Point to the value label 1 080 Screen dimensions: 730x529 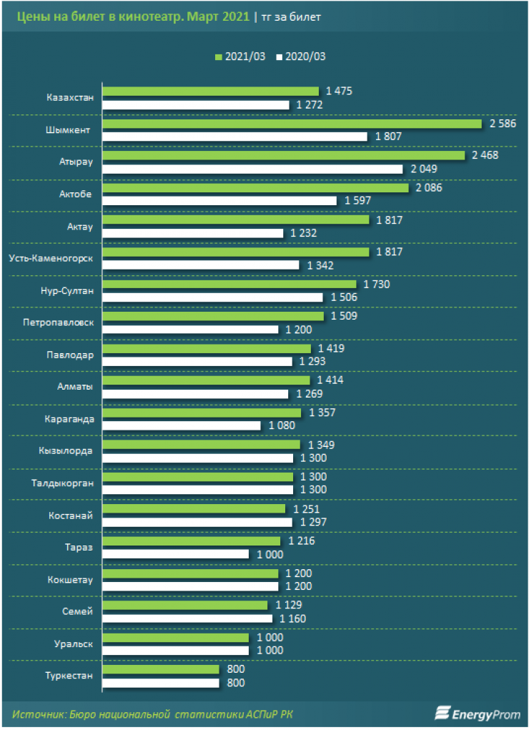tap(281, 426)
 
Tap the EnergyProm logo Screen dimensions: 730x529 tap(477, 713)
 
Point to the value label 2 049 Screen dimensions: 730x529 tap(422, 169)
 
